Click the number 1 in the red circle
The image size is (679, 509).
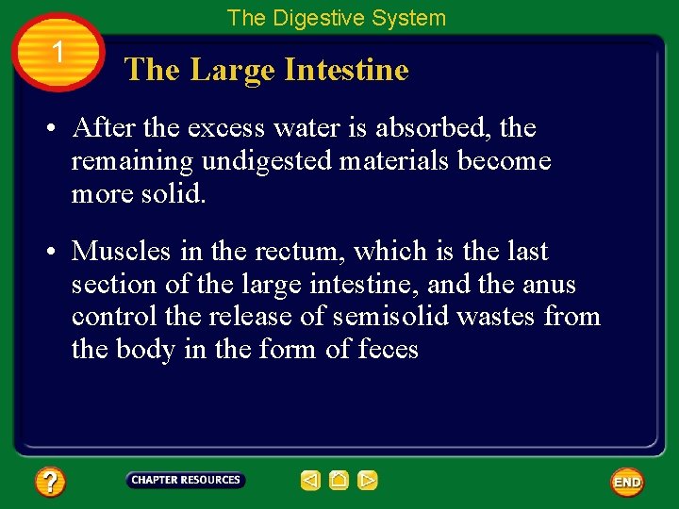coord(58,53)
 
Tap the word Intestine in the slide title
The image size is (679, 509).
coord(348,70)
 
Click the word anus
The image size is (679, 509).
coord(549,285)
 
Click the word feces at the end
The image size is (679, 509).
coord(388,350)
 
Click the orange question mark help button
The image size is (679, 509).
coord(50,483)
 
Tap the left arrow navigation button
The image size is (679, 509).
coord(310,481)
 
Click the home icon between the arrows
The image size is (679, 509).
coord(339,481)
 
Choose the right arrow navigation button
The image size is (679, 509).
coord(368,481)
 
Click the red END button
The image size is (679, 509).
coord(627,483)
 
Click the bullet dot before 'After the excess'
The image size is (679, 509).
coord(57,128)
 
